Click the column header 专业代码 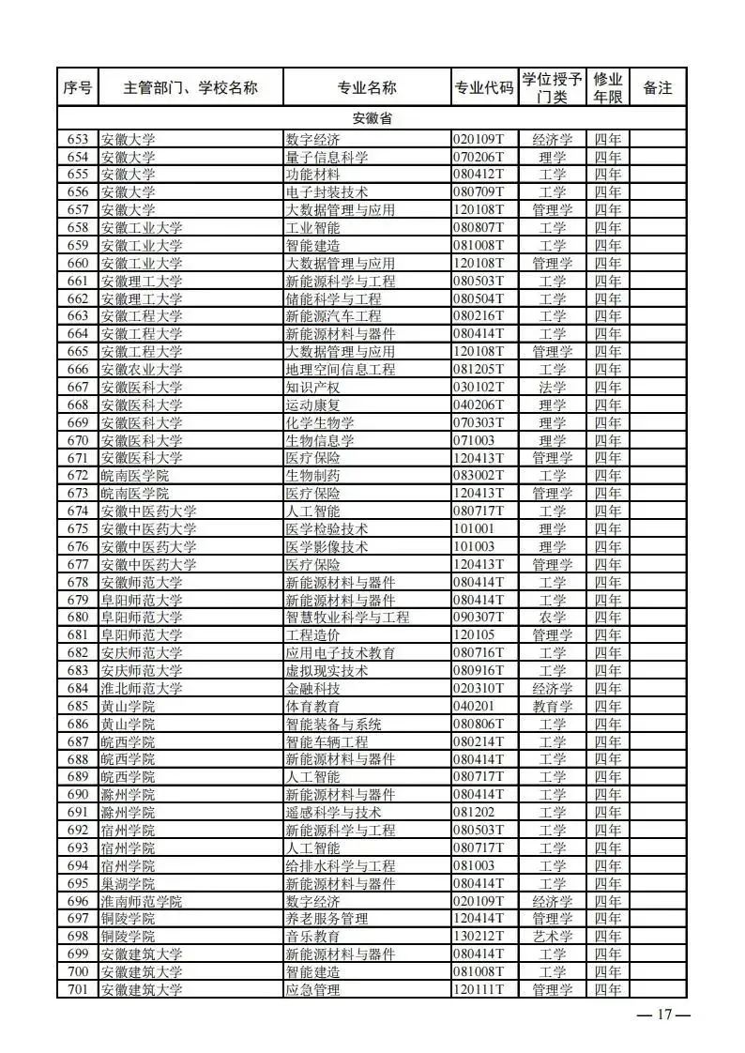483,88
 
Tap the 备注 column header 658,88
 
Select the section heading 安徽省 372,119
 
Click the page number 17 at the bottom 664,1015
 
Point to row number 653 78,139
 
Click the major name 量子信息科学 327,157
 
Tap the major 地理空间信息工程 340,370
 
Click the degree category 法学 553,387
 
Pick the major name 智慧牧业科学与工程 347,618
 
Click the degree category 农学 553,618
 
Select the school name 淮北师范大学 142,688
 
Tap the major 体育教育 312,706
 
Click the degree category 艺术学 553,937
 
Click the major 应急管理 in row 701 312,989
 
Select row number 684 78,688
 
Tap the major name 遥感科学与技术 333,812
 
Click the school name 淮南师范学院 142,901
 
